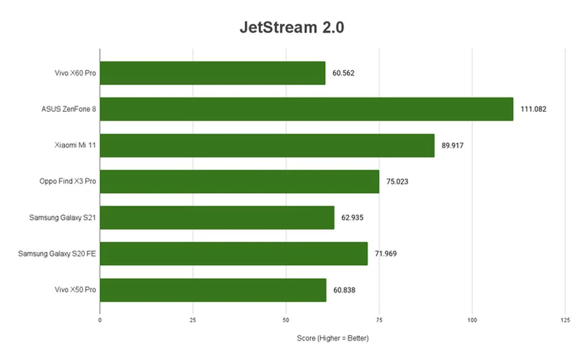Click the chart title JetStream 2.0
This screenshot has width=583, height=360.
click(292, 27)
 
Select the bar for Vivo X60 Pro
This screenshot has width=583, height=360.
click(213, 73)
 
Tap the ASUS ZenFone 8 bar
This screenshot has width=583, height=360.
click(306, 109)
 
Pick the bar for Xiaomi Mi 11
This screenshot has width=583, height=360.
click(267, 145)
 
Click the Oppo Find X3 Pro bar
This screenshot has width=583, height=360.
click(239, 182)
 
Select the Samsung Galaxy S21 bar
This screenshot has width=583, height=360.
click(217, 218)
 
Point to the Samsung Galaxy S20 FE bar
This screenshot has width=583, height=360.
click(234, 254)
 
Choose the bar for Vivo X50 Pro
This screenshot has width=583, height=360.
click(213, 290)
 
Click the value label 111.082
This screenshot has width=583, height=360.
click(533, 109)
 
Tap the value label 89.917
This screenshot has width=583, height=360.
click(452, 146)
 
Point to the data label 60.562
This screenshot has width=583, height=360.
click(343, 73)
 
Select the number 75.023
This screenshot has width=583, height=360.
click(397, 182)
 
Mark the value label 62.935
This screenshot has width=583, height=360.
click(352, 218)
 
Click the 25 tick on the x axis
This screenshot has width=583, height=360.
click(193, 320)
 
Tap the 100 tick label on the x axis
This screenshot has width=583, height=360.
click(472, 320)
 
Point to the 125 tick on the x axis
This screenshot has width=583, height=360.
click(565, 320)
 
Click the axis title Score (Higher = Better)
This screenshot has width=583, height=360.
click(332, 338)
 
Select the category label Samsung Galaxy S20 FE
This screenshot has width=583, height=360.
click(57, 254)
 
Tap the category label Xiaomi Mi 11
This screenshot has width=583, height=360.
click(75, 145)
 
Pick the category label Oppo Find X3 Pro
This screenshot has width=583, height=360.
click(67, 181)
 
